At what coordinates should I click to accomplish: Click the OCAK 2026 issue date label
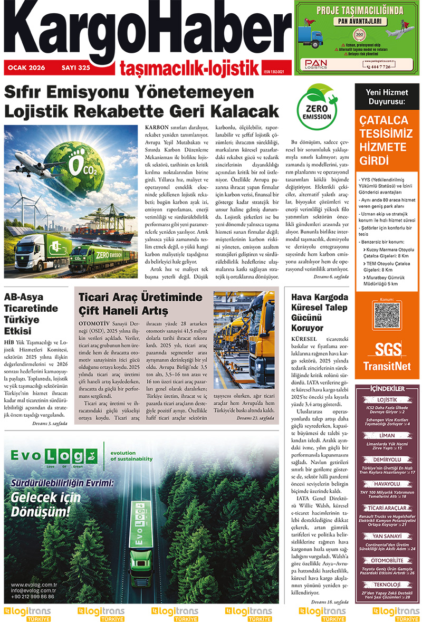pyautogui.click(x=26, y=68)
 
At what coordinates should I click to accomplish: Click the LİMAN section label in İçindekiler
pyautogui.click(x=387, y=436)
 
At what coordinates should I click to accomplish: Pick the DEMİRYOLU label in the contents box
pyautogui.click(x=387, y=460)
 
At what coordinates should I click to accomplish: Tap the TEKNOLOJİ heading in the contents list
pyautogui.click(x=387, y=584)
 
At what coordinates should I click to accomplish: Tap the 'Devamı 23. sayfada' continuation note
pyautogui.click(x=255, y=418)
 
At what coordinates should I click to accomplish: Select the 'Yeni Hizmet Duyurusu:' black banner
pyautogui.click(x=387, y=97)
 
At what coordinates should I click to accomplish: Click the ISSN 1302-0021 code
pyautogui.click(x=276, y=72)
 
